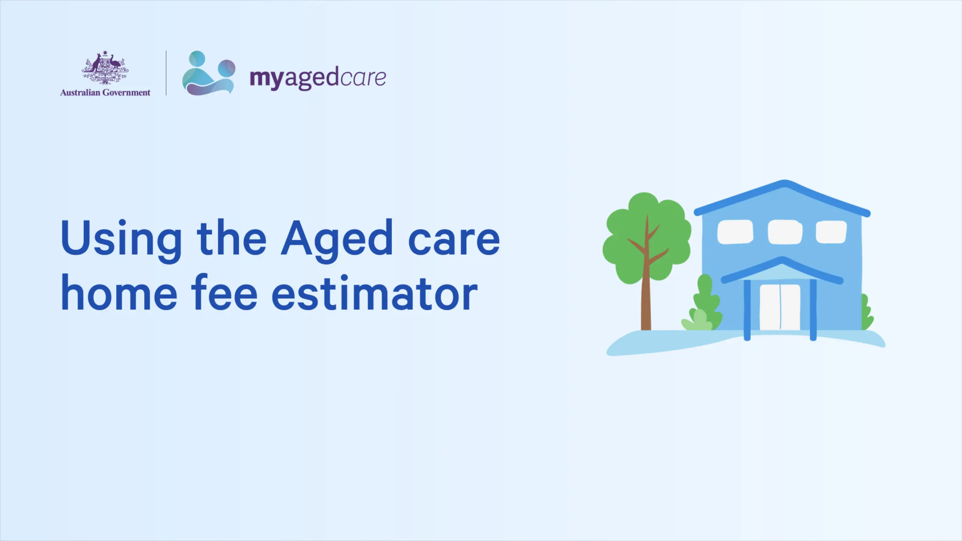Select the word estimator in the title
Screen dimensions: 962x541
pos(375,292)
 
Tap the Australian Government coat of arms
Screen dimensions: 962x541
pos(105,68)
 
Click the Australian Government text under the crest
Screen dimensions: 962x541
pos(105,93)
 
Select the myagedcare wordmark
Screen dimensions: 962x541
pos(318,78)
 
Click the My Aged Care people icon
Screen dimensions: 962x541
pos(209,73)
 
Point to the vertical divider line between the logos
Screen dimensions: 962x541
pos(166,73)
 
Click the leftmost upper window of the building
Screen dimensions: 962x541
pos(735,232)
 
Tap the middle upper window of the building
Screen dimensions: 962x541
pos(784,232)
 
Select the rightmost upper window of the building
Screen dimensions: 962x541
pos(831,232)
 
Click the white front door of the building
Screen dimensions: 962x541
pos(780,307)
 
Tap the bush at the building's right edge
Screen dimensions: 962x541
pos(867,312)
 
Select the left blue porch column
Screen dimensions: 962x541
pos(747,310)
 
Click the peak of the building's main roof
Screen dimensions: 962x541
pos(784,182)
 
